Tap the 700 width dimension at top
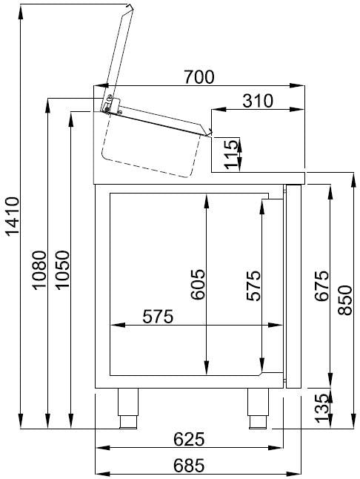click(199, 76)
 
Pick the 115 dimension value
click(232, 154)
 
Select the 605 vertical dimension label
click(197, 285)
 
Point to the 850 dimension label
click(345, 300)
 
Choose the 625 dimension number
click(189, 439)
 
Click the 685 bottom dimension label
click(189, 466)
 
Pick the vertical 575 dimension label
click(253, 285)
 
